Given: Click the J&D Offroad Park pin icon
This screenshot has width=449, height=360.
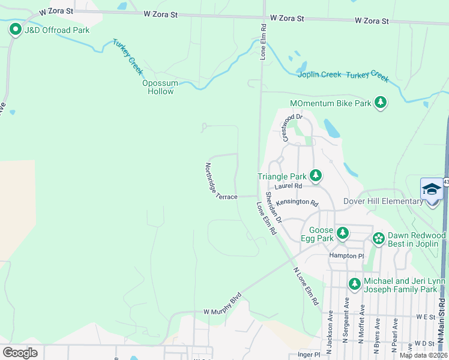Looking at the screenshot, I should coord(14,29).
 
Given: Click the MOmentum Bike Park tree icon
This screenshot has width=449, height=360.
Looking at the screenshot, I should coord(380,103).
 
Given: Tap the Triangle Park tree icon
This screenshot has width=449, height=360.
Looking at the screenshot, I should coord(316,176).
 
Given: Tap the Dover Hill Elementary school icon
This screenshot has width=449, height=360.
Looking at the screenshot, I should coord(432,190).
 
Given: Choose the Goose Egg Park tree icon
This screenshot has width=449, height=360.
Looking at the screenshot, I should coord(342,233).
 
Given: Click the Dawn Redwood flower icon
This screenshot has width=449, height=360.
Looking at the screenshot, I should coord(378,239).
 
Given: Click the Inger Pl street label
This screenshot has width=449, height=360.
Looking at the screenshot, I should coord(309,355).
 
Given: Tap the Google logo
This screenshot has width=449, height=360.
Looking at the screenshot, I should coord(20,353).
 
